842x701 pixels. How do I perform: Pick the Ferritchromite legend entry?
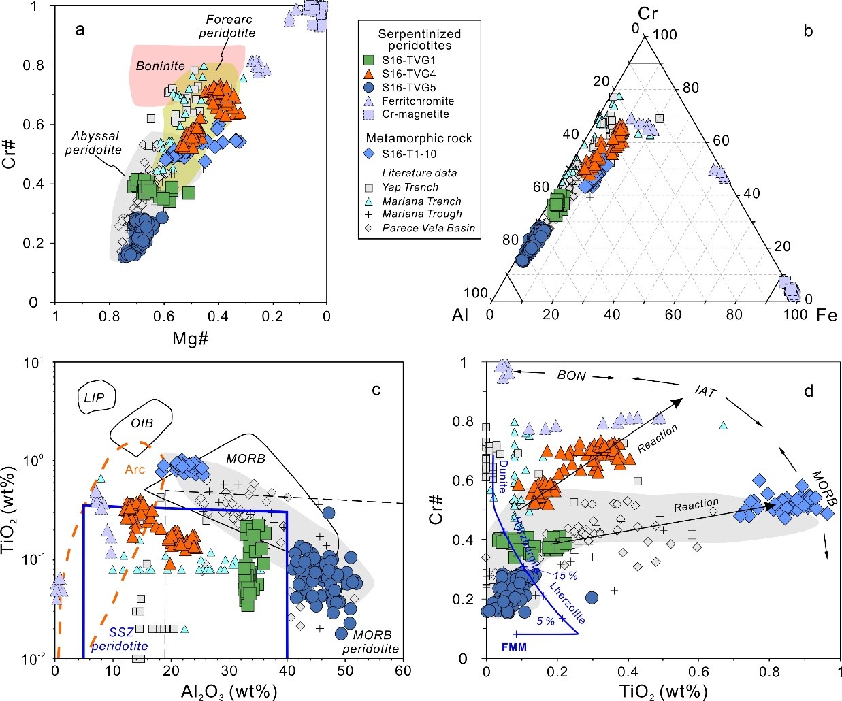(x=417, y=101)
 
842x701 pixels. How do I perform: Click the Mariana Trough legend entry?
(x=421, y=214)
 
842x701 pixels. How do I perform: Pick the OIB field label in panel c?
(x=142, y=423)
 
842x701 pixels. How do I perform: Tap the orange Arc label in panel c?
(x=135, y=469)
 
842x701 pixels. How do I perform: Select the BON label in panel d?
(x=571, y=376)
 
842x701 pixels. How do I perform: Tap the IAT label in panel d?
(x=705, y=391)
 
